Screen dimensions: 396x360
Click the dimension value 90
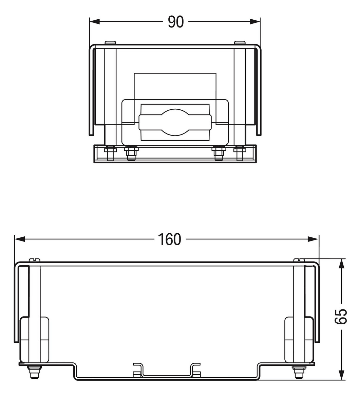(x=175, y=22)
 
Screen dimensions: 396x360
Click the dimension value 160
(x=169, y=239)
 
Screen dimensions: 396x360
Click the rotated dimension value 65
(x=342, y=317)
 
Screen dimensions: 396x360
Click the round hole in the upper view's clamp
(x=175, y=122)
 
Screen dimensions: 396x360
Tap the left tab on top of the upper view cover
(x=110, y=42)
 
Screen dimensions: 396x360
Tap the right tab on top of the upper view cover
(x=240, y=42)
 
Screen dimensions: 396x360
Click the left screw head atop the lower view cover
(x=35, y=260)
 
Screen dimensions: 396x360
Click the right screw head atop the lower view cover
(x=299, y=260)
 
